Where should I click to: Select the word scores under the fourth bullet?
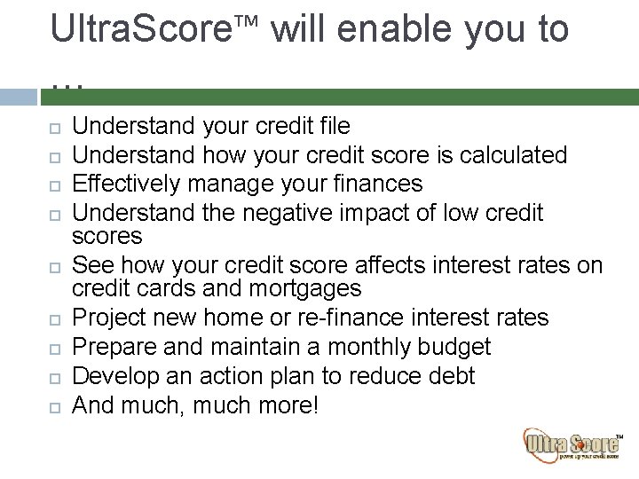click(106, 236)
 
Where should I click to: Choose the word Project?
click(105, 318)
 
